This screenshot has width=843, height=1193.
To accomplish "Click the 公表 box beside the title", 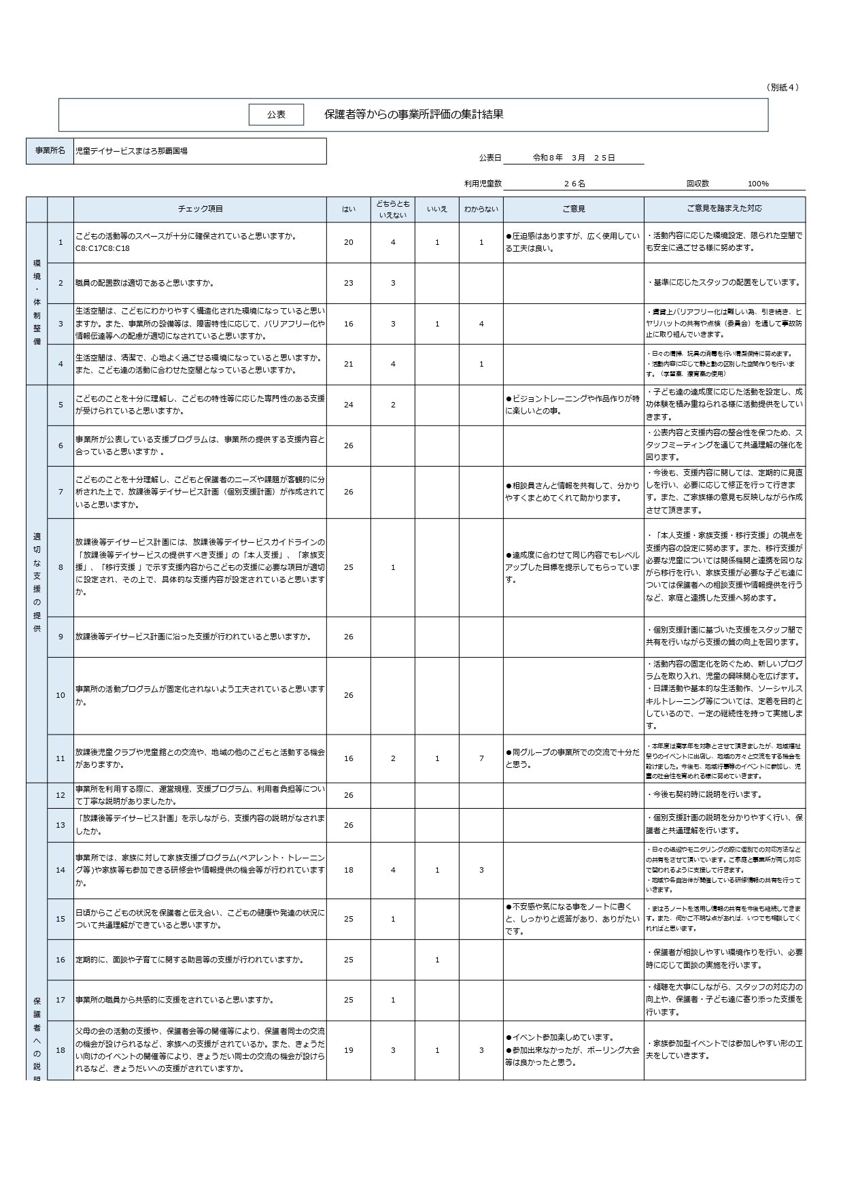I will (276, 115).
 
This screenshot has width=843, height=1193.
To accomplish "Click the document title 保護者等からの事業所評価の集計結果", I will (413, 115).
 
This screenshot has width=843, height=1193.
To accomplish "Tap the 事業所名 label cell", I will (50, 151).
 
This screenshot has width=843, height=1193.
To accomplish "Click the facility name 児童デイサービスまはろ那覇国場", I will (131, 151).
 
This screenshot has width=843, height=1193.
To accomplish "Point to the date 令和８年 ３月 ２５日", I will (573, 158).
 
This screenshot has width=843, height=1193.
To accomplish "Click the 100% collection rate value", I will (758, 184).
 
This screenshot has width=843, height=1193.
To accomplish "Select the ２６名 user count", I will (574, 184).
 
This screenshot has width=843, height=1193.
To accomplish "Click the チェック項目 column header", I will (200, 209).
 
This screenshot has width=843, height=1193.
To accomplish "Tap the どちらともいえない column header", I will (393, 209).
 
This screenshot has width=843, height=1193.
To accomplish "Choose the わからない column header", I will (481, 209).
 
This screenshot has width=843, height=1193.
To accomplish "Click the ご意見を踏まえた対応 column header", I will (724, 209).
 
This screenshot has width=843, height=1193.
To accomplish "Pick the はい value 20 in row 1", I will (349, 242).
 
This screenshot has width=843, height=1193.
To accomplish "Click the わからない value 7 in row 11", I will (481, 758).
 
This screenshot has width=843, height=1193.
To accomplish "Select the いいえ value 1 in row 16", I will (437, 960).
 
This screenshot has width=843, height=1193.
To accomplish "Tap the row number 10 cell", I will (61, 695).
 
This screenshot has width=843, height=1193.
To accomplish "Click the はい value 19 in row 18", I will (349, 1050).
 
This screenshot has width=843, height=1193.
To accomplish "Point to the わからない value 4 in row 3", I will (481, 324).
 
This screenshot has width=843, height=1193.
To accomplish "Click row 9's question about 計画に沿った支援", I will (194, 637).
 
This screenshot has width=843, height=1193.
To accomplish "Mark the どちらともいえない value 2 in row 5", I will (393, 405).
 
